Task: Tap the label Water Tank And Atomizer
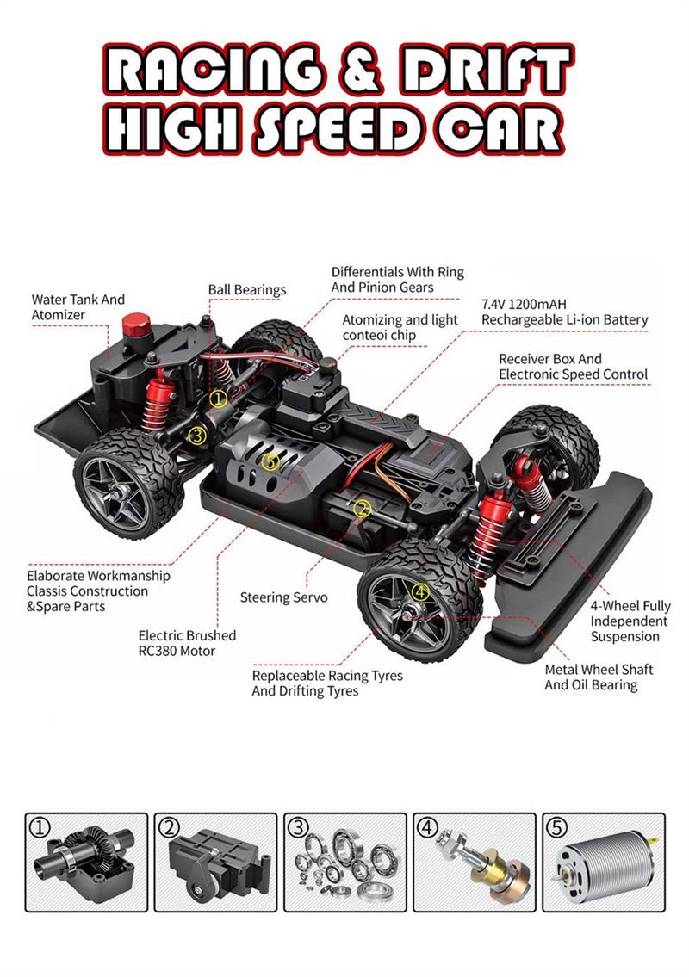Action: click(78, 307)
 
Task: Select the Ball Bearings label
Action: click(247, 290)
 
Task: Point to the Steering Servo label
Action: click(283, 597)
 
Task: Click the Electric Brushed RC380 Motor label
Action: click(187, 643)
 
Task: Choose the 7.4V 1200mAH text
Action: click(524, 305)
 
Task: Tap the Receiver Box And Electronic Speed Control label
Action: click(573, 367)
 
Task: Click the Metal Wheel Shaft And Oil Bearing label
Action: click(599, 677)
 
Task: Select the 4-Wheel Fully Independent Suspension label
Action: click(630, 621)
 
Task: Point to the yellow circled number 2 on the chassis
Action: click(362, 509)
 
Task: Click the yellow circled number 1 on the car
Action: click(218, 399)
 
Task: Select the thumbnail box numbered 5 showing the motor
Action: click(604, 863)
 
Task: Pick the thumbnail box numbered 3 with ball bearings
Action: click(344, 863)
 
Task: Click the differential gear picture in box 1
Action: click(84, 859)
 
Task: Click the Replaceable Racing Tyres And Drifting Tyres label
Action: click(327, 683)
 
